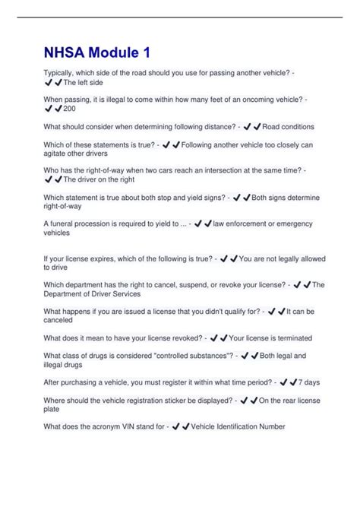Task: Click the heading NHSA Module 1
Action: pyautogui.click(x=96, y=53)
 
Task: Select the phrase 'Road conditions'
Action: pyautogui.click(x=287, y=127)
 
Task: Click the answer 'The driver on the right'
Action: pyautogui.click(x=99, y=181)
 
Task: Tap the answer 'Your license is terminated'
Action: pyautogui.click(x=274, y=337)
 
